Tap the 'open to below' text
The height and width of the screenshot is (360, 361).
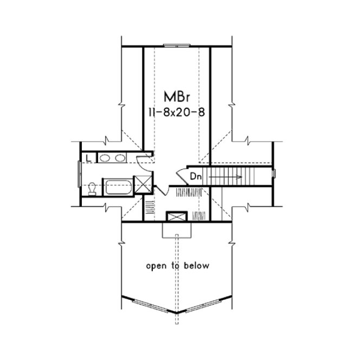pyautogui.click(x=177, y=266)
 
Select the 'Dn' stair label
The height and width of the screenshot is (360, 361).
pyautogui.click(x=196, y=176)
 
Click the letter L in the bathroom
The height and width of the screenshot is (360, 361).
pyautogui.click(x=87, y=158)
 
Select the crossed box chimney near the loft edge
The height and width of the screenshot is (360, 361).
pyautogui.click(x=177, y=217)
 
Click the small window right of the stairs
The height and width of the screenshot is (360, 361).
pyautogui.click(x=275, y=173)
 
